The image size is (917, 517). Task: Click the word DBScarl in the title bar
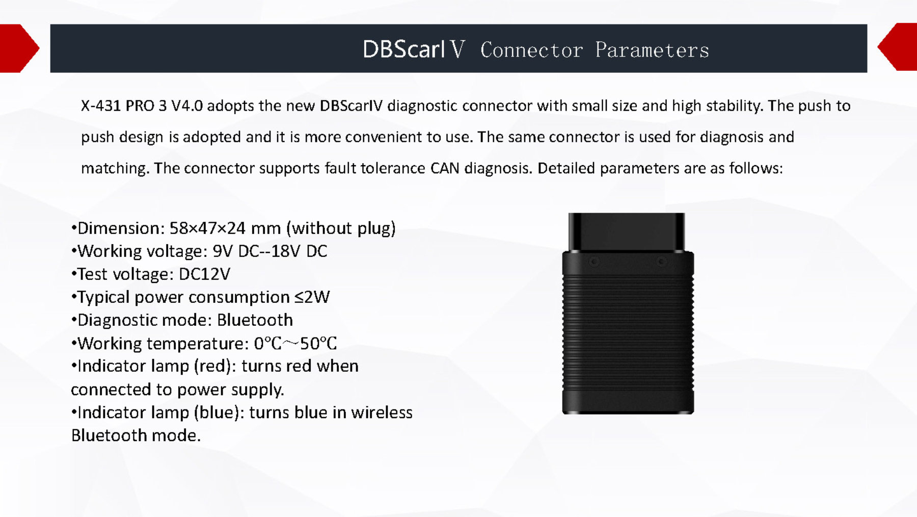(x=403, y=49)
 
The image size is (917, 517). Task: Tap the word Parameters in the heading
(x=652, y=50)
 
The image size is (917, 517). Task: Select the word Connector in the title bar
(x=531, y=50)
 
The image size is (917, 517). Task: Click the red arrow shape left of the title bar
(x=19, y=48)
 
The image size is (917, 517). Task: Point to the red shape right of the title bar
(x=898, y=47)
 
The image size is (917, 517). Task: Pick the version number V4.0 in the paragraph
(x=187, y=106)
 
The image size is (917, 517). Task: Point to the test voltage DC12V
(x=204, y=274)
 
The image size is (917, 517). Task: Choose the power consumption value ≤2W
(x=312, y=297)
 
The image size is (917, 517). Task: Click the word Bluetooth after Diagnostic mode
(x=255, y=320)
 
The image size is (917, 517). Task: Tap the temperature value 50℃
(x=318, y=344)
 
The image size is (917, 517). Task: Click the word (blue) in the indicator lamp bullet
(x=217, y=412)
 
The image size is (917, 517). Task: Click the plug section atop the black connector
(x=627, y=232)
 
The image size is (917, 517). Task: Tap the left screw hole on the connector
(x=594, y=262)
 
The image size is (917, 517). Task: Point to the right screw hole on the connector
(x=661, y=262)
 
